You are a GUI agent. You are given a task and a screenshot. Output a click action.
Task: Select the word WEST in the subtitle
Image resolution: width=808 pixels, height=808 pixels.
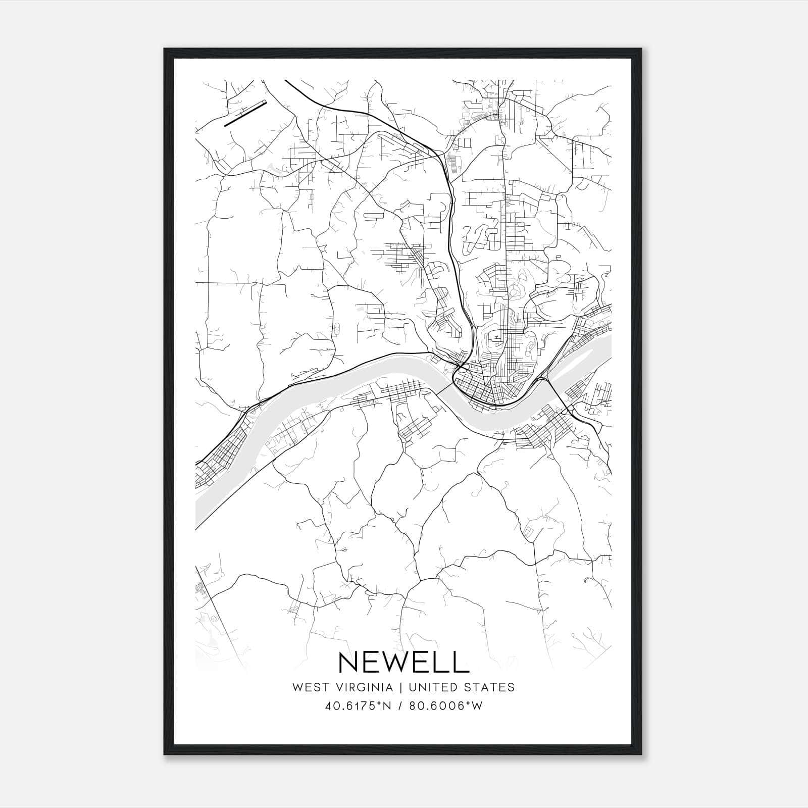click(307, 687)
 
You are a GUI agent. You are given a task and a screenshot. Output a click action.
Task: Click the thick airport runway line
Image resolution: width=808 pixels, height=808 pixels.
click(244, 114)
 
